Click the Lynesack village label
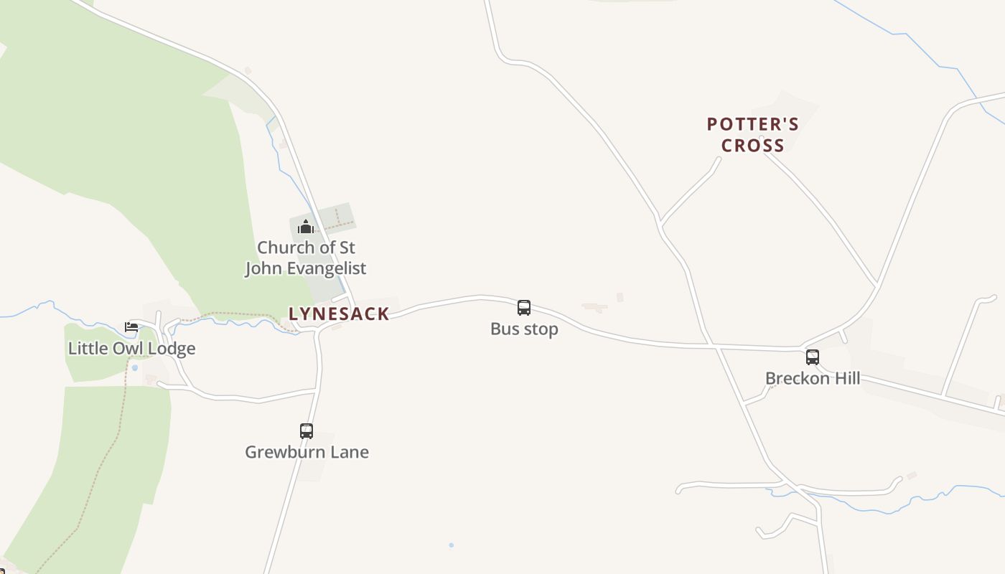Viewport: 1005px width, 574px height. pos(339,314)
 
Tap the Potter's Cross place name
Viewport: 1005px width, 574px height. pos(752,135)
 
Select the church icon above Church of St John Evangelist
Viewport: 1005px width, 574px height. pos(306,227)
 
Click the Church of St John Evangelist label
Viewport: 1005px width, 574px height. pos(306,258)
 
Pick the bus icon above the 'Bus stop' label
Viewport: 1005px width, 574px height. pos(524,308)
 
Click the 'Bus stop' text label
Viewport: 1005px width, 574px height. pos(524,329)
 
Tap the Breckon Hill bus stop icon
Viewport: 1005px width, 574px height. pos(813,357)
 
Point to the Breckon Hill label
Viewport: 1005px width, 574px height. pos(813,378)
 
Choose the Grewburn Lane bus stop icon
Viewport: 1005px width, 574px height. pos(307,431)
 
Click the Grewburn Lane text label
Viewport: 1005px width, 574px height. pos(307,452)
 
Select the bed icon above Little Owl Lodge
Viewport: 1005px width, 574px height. pos(131,327)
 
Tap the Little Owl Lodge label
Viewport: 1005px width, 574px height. pos(131,349)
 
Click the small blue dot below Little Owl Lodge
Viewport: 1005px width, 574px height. pos(134,368)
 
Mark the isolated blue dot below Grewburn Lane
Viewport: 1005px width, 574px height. pos(452,545)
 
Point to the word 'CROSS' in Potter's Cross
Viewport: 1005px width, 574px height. pos(752,146)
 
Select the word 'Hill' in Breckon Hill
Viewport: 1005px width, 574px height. pos(845,378)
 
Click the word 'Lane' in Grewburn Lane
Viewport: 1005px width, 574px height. pos(350,452)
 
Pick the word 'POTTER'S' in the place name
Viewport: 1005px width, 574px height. pos(752,124)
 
